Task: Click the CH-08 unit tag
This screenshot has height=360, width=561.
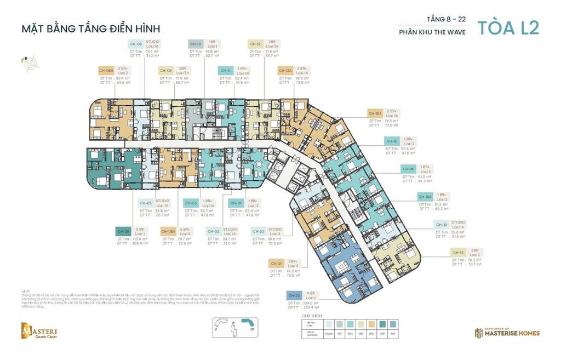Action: point(136,44)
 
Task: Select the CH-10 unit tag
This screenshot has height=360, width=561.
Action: point(196,44)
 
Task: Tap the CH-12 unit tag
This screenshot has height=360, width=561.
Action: point(255,44)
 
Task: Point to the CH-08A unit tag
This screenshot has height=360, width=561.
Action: point(106,71)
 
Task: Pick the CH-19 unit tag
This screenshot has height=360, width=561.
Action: point(458,252)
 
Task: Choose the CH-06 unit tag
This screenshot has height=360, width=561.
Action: point(123,231)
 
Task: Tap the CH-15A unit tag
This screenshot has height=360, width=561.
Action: point(375,113)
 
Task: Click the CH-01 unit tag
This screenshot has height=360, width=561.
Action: point(236,203)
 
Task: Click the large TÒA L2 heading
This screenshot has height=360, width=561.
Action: point(507,28)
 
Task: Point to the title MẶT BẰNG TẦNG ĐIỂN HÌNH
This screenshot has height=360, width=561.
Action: point(90,28)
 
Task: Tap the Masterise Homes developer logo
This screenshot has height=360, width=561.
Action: point(507,332)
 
